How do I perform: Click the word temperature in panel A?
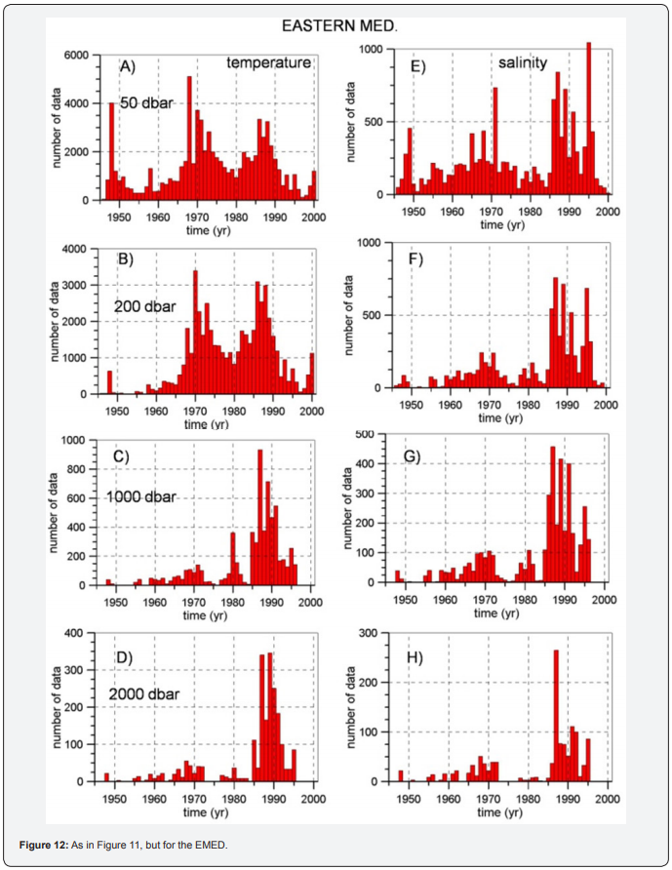269,63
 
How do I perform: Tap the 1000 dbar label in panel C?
141,496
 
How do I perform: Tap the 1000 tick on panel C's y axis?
77,441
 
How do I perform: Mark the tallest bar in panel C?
259,517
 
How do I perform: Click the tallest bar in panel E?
588,117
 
